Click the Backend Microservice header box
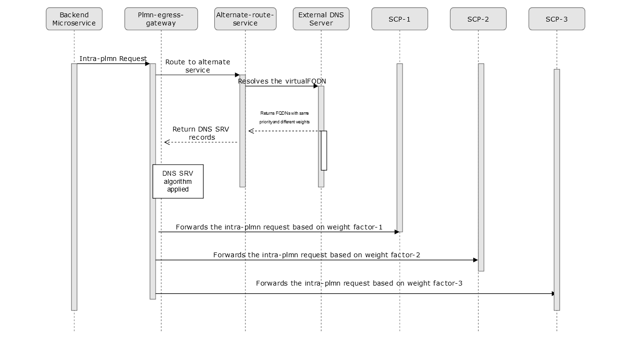[x=74, y=19]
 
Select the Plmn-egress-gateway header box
[x=161, y=19]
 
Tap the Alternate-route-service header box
[x=245, y=19]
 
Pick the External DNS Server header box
[x=321, y=19]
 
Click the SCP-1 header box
[x=399, y=19]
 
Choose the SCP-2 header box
[x=478, y=19]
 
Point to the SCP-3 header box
[x=556, y=19]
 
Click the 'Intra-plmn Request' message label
[x=113, y=59]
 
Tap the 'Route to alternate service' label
[x=197, y=66]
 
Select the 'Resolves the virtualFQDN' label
[x=282, y=81]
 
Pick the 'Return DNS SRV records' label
[x=201, y=133]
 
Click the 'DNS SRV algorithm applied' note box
[x=178, y=181]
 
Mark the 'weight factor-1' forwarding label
[x=279, y=227]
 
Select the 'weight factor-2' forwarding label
[x=317, y=255]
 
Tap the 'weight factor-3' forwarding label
[x=359, y=283]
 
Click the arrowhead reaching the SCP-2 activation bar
[x=475, y=260]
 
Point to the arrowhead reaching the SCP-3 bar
[x=553, y=294]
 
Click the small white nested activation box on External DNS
[x=324, y=150]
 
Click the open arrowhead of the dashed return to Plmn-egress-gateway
[x=166, y=142]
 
